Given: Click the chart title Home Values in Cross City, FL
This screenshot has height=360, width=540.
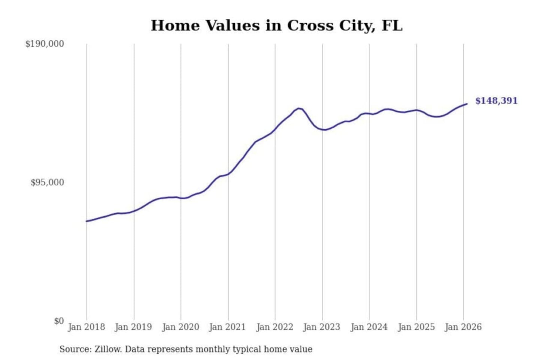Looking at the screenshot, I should [276, 25].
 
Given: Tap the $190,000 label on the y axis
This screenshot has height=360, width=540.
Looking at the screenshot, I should [45, 44].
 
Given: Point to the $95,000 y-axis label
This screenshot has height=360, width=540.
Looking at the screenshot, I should [47, 183].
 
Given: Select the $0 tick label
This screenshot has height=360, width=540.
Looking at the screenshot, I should [59, 321].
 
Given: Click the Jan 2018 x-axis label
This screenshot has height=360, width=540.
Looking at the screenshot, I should [86, 327].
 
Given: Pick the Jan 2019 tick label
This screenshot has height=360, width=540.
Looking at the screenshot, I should [133, 327].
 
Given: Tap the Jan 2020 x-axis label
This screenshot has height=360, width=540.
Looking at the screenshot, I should [180, 327].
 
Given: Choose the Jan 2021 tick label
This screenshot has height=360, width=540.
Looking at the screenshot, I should [227, 327].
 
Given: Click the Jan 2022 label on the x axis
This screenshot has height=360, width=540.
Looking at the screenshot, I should [274, 327].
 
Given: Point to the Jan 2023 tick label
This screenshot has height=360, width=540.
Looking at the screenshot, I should [321, 327].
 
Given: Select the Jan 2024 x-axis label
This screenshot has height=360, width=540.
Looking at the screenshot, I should [369, 327].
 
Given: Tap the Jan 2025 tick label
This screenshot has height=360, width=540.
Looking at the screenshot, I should [416, 327].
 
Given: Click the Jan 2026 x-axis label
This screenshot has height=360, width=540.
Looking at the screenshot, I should [463, 327].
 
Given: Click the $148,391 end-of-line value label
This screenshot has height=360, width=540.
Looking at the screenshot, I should [496, 100].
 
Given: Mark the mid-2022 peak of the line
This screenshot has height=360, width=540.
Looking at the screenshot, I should [298, 108].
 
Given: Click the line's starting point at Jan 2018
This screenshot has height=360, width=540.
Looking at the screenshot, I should [87, 221].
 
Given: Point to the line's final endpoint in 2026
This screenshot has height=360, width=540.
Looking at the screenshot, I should [466, 104].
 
